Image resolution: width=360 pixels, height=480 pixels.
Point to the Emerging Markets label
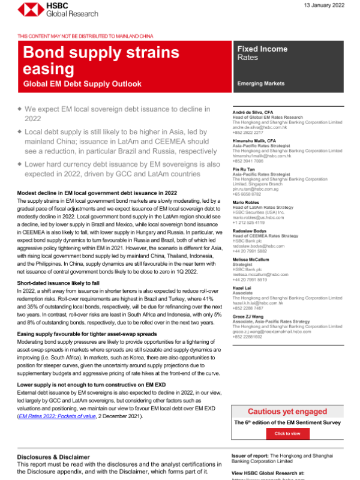(x=261, y=83)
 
